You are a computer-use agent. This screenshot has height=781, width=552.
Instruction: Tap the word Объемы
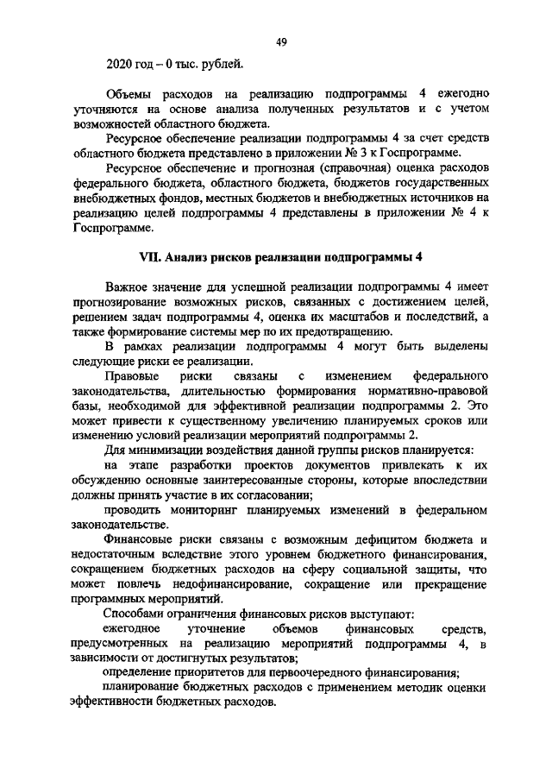pos(128,93)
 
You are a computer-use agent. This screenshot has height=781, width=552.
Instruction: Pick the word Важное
pos(128,286)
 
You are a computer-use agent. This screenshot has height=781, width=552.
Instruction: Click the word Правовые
pos(129,376)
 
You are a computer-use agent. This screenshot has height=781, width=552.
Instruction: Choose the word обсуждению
pos(100,482)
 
